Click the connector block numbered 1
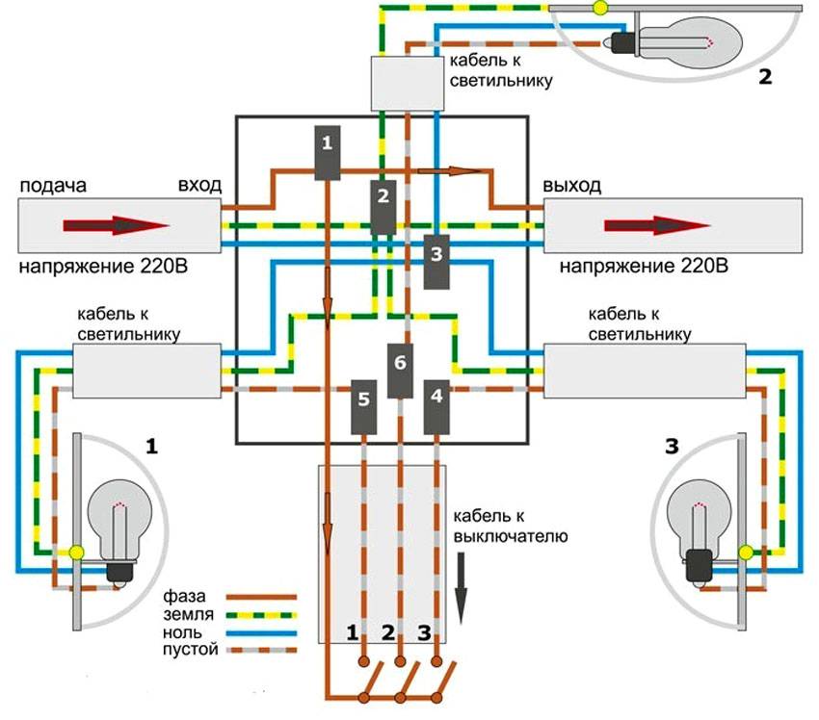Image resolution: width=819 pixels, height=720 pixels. pyautogui.click(x=329, y=153)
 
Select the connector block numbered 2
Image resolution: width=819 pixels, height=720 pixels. pyautogui.click(x=383, y=207)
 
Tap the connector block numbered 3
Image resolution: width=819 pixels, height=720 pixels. pyautogui.click(x=436, y=261)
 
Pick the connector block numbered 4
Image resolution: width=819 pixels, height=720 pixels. pyautogui.click(x=437, y=405)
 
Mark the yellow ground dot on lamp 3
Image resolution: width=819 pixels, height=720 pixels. pyautogui.click(x=745, y=551)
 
